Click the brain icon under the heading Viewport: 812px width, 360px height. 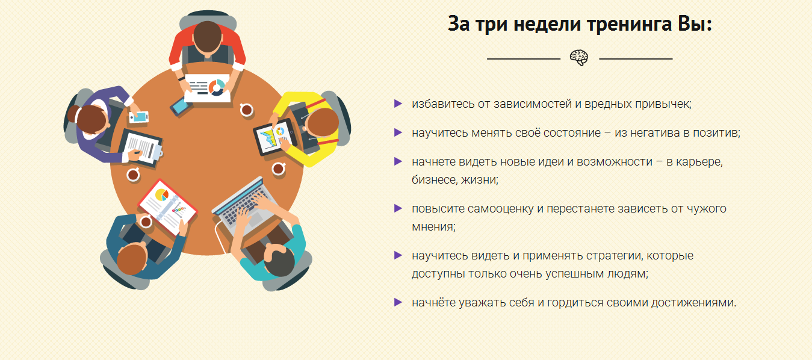579,58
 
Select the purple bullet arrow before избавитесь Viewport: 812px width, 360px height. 397,104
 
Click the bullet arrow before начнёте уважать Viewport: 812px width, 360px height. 397,302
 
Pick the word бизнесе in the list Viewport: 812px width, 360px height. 431,179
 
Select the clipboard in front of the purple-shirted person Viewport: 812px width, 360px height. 141,146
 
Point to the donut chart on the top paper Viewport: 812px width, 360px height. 217,87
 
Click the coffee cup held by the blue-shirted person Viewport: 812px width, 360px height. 145,222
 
